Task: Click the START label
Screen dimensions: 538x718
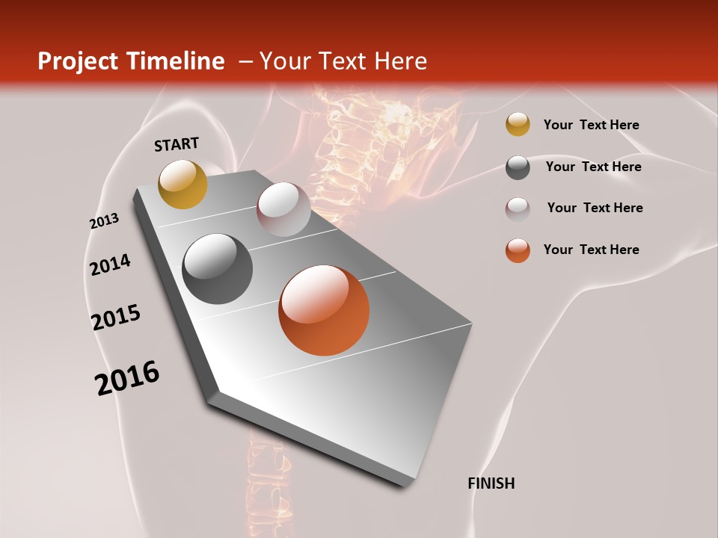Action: (x=177, y=144)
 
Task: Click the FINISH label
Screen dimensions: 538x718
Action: (x=491, y=483)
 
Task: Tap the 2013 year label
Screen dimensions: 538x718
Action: (x=104, y=221)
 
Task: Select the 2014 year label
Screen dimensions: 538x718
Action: (x=110, y=265)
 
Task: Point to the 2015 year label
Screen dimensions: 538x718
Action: (x=116, y=318)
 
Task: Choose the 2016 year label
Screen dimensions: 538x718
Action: (x=127, y=378)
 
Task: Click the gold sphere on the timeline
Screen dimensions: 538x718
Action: (x=182, y=184)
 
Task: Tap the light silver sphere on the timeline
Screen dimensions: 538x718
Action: (x=283, y=208)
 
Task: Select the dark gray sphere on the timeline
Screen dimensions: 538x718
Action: (x=218, y=269)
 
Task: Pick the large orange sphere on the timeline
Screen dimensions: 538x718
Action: (x=324, y=310)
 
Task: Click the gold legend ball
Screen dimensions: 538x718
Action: (x=518, y=125)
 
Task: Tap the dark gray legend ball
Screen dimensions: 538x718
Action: (x=518, y=167)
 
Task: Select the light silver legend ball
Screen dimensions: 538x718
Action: (x=518, y=209)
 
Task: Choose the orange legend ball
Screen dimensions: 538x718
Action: (x=518, y=250)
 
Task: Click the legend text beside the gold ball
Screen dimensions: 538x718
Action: (x=591, y=125)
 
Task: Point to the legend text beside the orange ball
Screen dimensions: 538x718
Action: (x=591, y=250)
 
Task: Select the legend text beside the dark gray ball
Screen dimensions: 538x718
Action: (x=593, y=167)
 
